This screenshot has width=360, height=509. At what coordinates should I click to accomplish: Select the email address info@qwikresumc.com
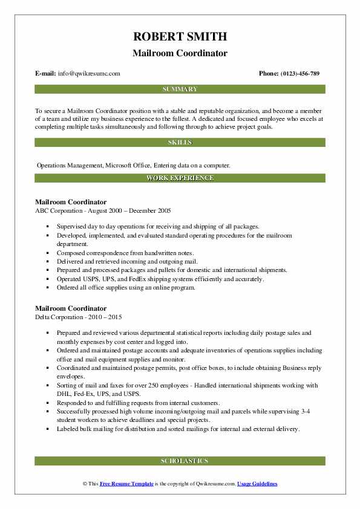(89, 74)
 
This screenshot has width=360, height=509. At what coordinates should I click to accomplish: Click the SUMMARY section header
(180, 89)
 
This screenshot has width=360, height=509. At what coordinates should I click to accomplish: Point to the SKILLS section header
(180, 143)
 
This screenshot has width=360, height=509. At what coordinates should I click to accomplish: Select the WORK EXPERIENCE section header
(180, 178)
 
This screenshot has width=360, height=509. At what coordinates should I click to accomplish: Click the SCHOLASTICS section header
(180, 461)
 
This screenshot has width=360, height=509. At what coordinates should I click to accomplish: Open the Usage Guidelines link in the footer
(257, 484)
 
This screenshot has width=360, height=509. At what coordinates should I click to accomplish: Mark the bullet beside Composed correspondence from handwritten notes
(47, 253)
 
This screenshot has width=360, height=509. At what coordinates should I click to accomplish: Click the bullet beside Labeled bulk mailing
(47, 429)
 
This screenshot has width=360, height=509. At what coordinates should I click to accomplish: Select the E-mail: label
(45, 74)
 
